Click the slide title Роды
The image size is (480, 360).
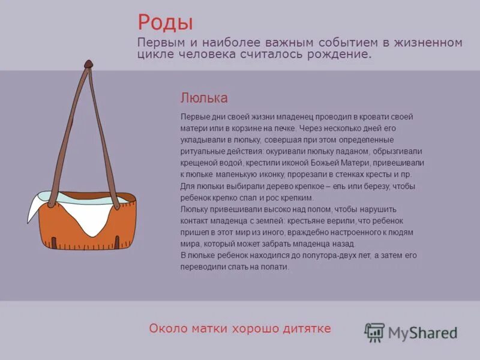165,23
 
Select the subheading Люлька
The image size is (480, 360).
204,98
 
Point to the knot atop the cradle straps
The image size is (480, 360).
89,63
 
